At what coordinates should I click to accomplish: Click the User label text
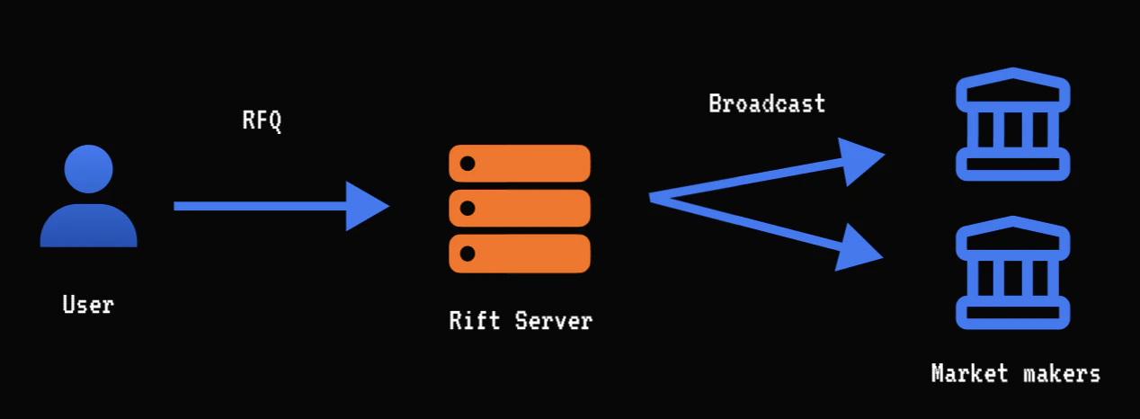(x=88, y=305)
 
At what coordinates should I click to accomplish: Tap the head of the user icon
(x=88, y=169)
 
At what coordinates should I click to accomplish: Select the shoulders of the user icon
(x=88, y=227)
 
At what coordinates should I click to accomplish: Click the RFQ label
(x=262, y=120)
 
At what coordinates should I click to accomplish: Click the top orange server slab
(x=519, y=164)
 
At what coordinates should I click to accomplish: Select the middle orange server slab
(x=519, y=209)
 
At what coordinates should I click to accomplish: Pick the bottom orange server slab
(x=519, y=254)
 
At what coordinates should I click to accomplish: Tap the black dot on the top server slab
(x=468, y=164)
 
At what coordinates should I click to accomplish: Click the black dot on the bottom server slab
(x=468, y=254)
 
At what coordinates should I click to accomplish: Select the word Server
(x=554, y=320)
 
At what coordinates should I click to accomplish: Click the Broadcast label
(x=766, y=103)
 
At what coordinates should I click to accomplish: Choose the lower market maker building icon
(x=1012, y=273)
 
